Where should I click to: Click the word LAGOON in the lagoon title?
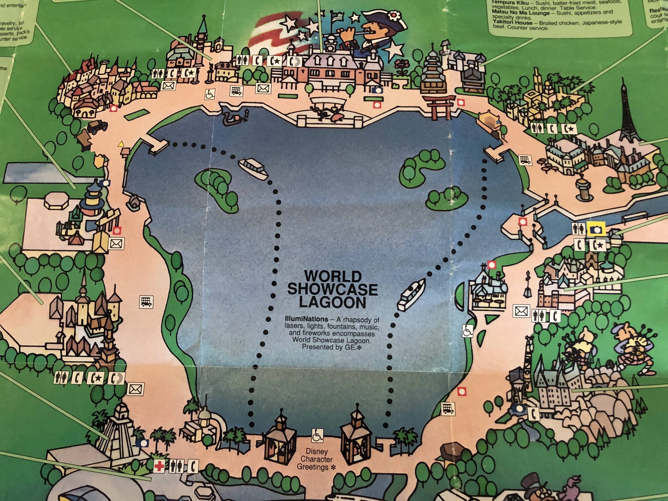[x=332, y=303]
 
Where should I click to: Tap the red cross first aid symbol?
[x=159, y=466]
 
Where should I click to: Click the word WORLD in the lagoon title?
[x=332, y=277]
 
